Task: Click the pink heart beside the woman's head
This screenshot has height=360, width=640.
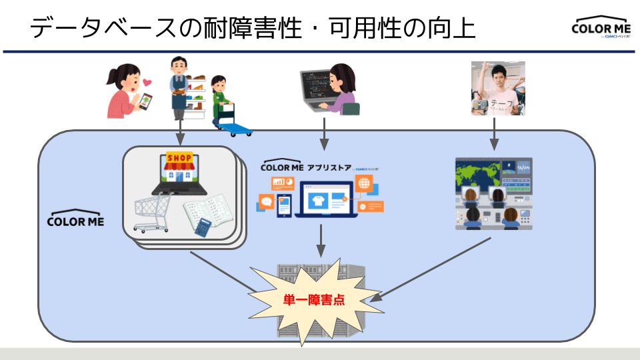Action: click(x=147, y=83)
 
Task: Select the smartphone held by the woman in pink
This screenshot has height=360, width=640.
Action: click(x=145, y=101)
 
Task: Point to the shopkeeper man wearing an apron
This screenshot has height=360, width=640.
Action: click(x=179, y=87)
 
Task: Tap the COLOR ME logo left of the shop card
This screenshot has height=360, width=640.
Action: click(x=75, y=221)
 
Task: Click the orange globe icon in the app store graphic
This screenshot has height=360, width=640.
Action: click(x=363, y=184)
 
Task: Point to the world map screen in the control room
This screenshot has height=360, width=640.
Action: click(x=475, y=171)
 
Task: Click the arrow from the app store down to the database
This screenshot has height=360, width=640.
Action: click(x=321, y=241)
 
